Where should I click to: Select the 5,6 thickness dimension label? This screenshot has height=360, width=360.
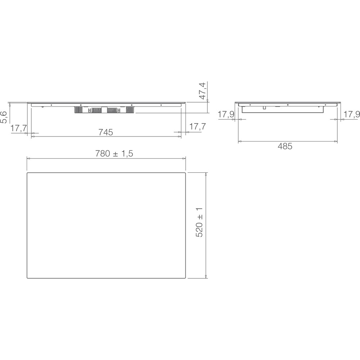click(4, 117)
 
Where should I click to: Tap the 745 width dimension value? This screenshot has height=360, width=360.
click(106, 132)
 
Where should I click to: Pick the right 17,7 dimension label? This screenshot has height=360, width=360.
click(197, 126)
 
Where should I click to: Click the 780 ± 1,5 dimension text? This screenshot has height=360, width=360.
click(114, 153)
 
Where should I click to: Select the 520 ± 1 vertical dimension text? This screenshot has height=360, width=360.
click(199, 222)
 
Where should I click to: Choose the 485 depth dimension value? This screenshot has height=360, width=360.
click(285, 146)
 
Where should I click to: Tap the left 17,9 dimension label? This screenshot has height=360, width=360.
click(226, 114)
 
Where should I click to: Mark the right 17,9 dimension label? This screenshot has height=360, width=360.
click(352, 114)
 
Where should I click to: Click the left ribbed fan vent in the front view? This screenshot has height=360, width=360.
click(81, 110)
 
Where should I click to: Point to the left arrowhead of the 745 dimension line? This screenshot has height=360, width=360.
click(33, 136)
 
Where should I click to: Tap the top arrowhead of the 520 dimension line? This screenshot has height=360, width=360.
click(206, 174)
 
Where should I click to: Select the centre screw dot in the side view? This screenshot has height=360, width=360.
click(288, 105)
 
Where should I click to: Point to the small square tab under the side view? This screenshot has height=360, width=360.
click(264, 107)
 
